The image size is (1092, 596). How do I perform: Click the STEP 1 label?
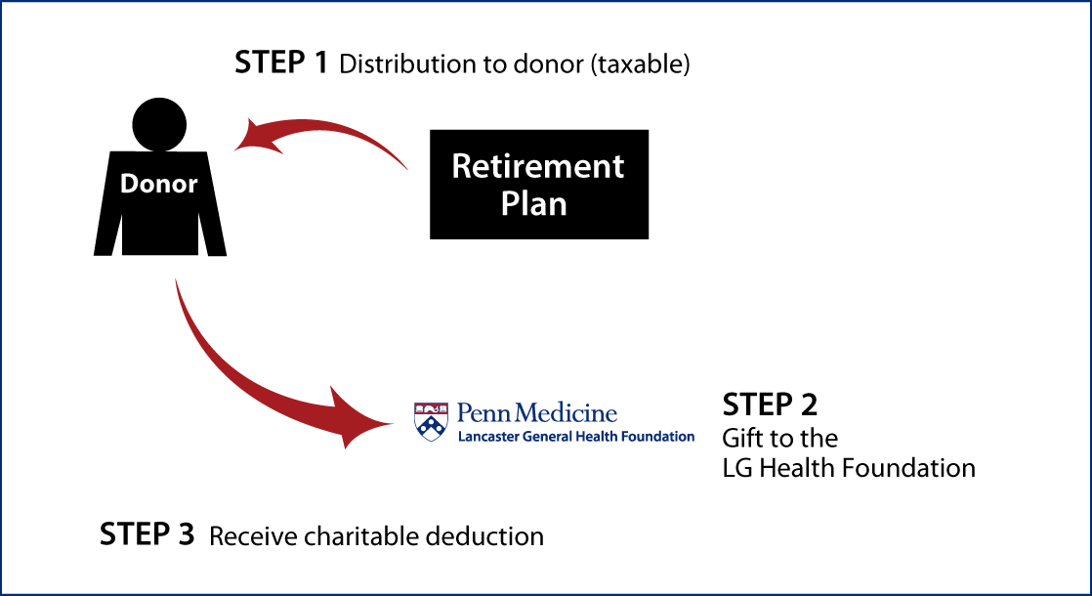[x=280, y=63]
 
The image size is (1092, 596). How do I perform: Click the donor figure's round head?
[x=159, y=125]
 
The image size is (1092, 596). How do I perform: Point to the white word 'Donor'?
[x=159, y=183]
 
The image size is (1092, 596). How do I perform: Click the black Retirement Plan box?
[x=539, y=185]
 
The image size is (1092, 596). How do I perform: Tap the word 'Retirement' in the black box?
[x=538, y=166]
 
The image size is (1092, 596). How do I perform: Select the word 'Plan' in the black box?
[x=534, y=204]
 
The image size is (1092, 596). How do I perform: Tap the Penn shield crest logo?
[x=431, y=421]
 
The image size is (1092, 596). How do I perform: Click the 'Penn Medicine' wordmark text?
[x=537, y=413]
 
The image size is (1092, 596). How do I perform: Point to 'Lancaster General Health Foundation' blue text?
[x=576, y=437]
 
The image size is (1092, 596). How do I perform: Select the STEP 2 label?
[x=771, y=404]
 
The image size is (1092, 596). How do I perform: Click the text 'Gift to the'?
[x=780, y=438]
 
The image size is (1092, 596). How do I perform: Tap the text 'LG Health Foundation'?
[x=849, y=468]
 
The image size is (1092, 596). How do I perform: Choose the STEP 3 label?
[x=147, y=534]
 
